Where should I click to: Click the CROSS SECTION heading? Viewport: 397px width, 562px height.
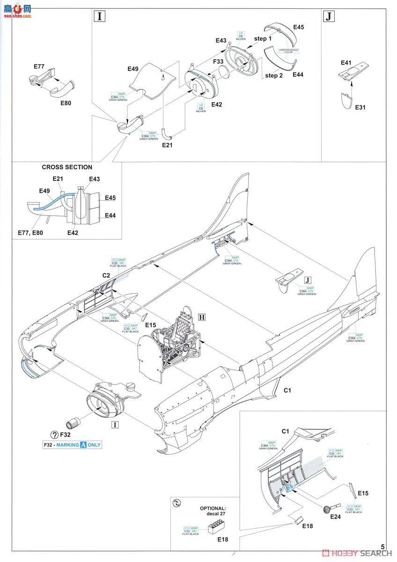click(67, 167)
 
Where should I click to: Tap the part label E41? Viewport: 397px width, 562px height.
click(346, 62)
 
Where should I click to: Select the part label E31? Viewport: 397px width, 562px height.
click(360, 107)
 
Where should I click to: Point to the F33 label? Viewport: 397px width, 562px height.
click(218, 61)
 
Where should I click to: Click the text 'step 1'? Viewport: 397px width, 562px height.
click(263, 38)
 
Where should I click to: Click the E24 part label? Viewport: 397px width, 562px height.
click(335, 517)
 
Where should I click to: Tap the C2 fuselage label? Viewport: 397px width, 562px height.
click(106, 276)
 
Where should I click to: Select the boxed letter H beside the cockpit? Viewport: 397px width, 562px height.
click(202, 317)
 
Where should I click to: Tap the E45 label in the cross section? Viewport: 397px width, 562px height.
click(110, 198)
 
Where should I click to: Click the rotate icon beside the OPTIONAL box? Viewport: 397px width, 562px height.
click(176, 503)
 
